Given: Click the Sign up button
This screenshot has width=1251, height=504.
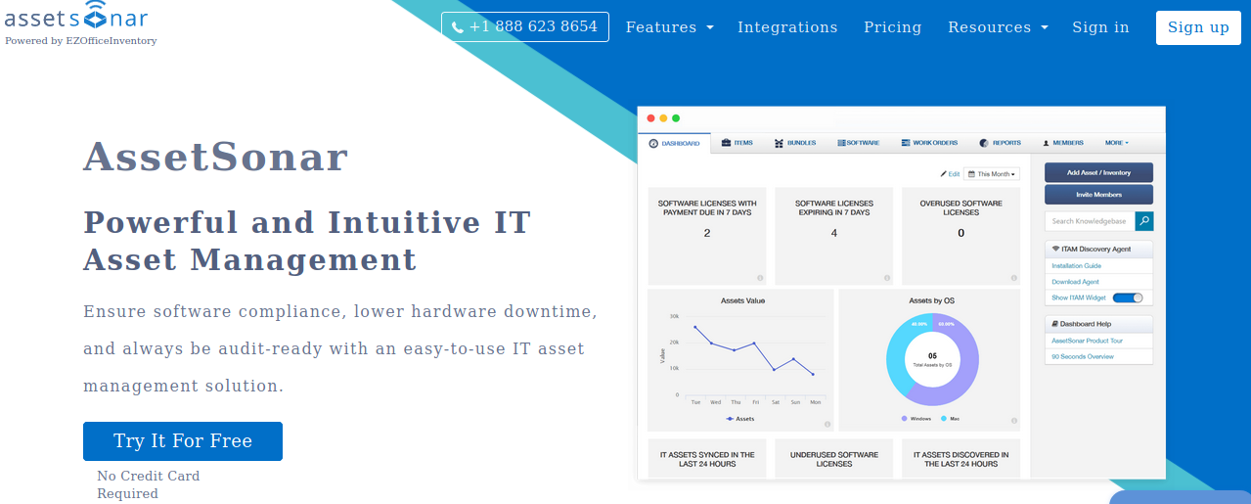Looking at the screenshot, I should point(1197,27).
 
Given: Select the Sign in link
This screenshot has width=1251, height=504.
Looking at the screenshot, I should point(1100,27).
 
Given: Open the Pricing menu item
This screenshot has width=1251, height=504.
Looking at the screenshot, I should point(892,27).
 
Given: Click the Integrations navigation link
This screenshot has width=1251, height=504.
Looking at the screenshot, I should point(787,27).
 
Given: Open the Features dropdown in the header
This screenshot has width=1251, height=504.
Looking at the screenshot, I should point(669,27).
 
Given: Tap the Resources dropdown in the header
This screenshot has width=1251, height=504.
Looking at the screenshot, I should point(997,27).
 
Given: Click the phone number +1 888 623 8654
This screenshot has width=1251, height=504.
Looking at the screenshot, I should point(524,26).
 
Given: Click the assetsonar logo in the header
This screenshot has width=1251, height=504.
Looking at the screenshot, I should point(76,17).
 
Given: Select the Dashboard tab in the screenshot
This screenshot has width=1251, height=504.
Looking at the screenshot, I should point(675,144).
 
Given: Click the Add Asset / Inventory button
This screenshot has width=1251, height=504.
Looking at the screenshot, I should point(1098,172).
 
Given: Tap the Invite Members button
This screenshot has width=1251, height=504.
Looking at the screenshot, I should point(1098,195).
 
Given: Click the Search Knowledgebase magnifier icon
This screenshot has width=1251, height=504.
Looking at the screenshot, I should point(1143,221).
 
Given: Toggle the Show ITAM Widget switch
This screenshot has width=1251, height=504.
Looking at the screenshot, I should point(1128,298).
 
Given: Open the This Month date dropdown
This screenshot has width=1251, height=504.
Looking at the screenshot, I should point(992,174).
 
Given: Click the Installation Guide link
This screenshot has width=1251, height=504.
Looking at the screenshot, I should point(1076,266).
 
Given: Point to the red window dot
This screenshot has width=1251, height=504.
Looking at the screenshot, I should point(651,118).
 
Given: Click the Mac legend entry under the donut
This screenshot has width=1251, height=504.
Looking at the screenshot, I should point(950,419).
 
